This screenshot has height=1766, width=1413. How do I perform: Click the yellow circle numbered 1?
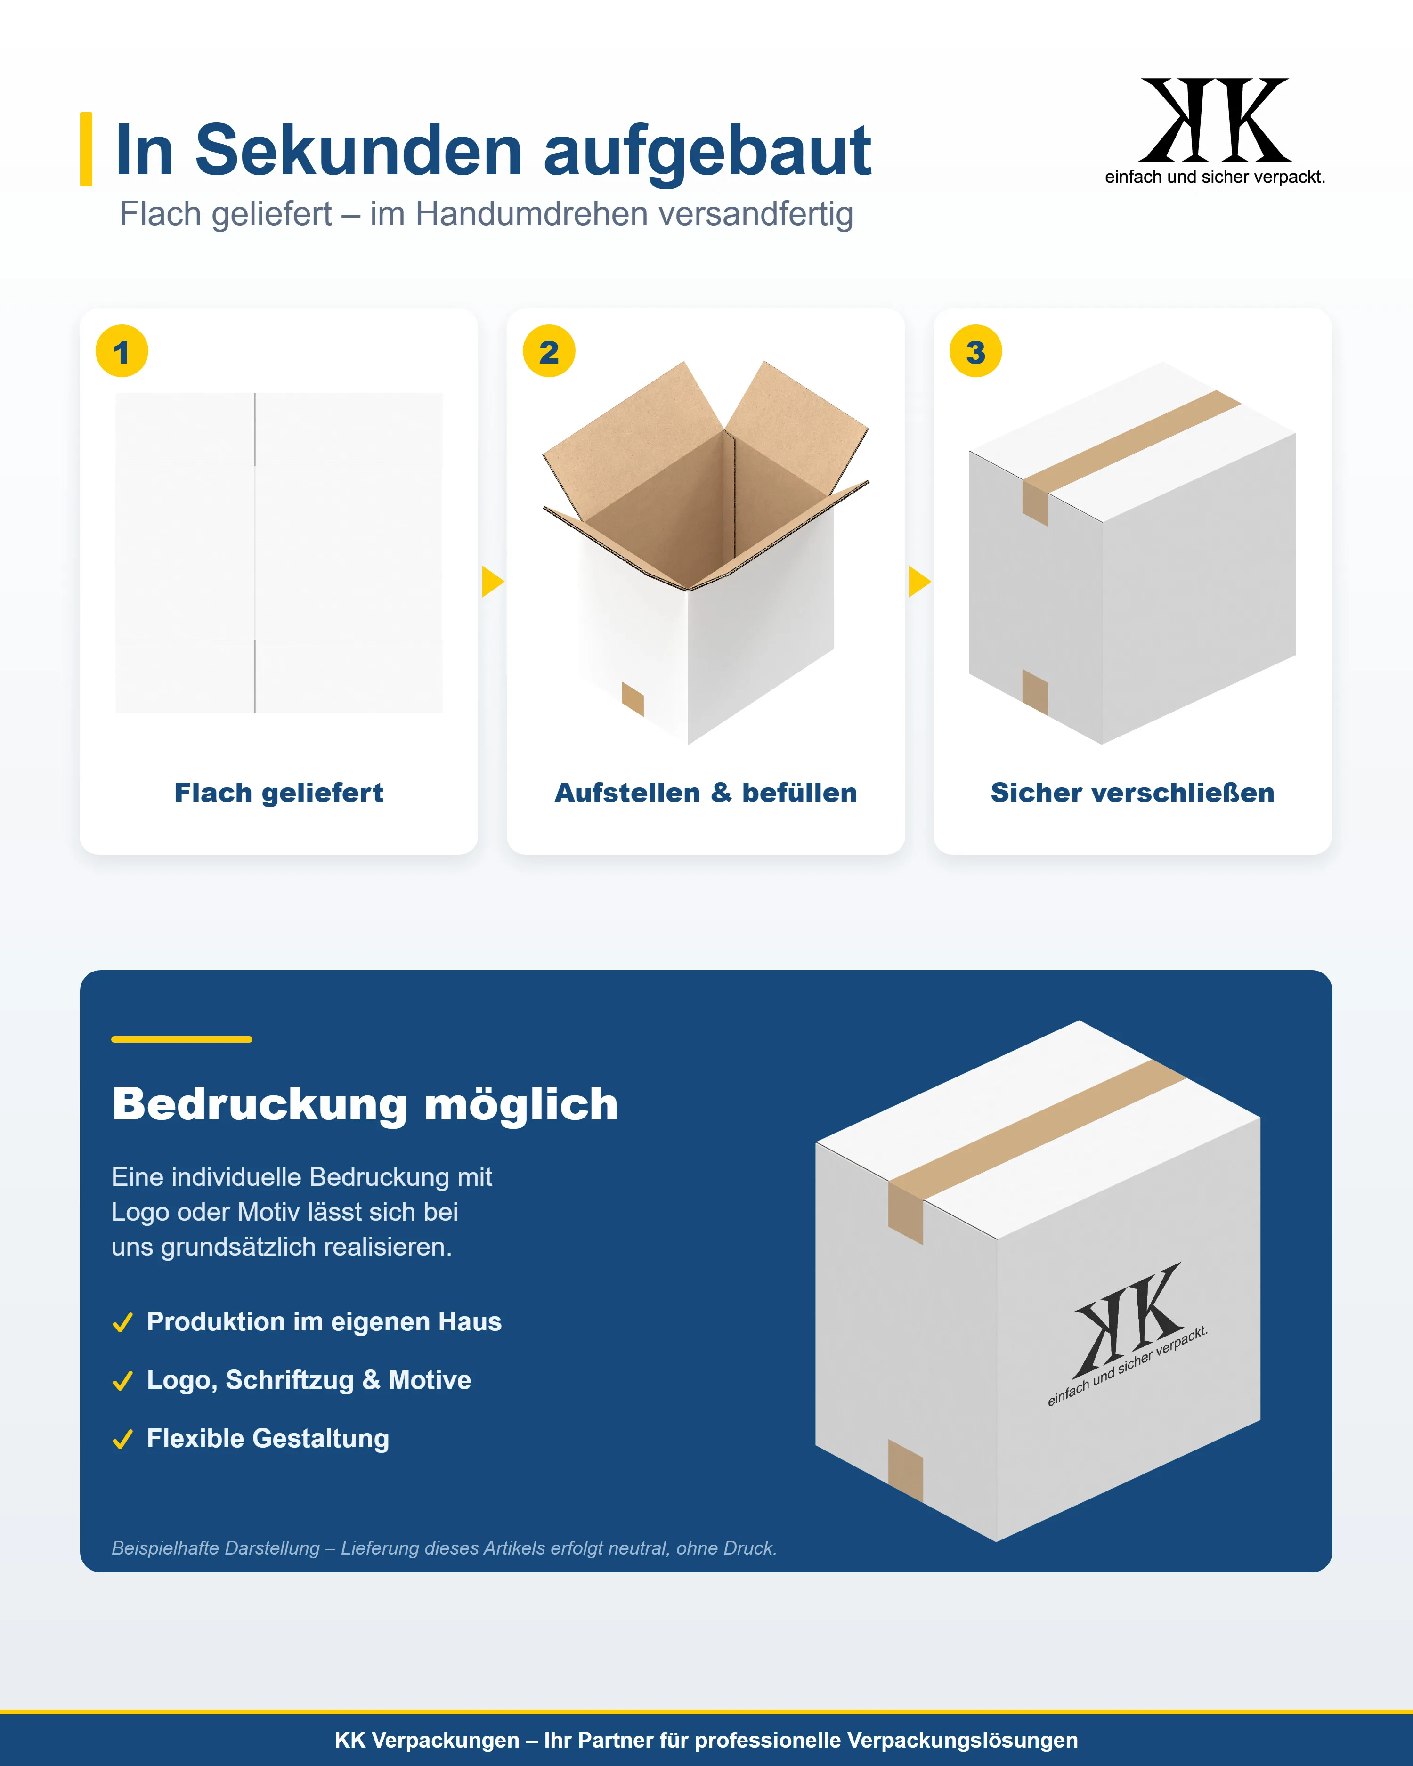tap(122, 351)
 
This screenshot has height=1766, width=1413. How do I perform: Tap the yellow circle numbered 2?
tap(549, 351)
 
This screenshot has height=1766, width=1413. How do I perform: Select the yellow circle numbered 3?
tap(975, 351)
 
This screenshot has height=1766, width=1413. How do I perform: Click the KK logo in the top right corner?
tap(1215, 131)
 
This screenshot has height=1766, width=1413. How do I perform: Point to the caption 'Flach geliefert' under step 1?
tap(278, 793)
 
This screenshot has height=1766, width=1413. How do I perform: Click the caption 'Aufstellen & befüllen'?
tap(705, 793)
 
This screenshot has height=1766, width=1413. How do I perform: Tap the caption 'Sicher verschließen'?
tap(1132, 793)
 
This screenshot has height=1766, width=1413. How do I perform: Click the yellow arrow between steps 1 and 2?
tap(492, 582)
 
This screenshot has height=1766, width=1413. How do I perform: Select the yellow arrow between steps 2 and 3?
tap(919, 582)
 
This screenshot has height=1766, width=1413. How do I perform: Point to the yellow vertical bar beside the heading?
tap(86, 149)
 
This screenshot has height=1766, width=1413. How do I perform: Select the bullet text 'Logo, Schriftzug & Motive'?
tap(309, 1380)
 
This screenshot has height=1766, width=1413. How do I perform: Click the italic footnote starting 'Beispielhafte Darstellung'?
tap(444, 1548)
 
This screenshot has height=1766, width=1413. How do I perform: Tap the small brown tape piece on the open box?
tap(633, 699)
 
